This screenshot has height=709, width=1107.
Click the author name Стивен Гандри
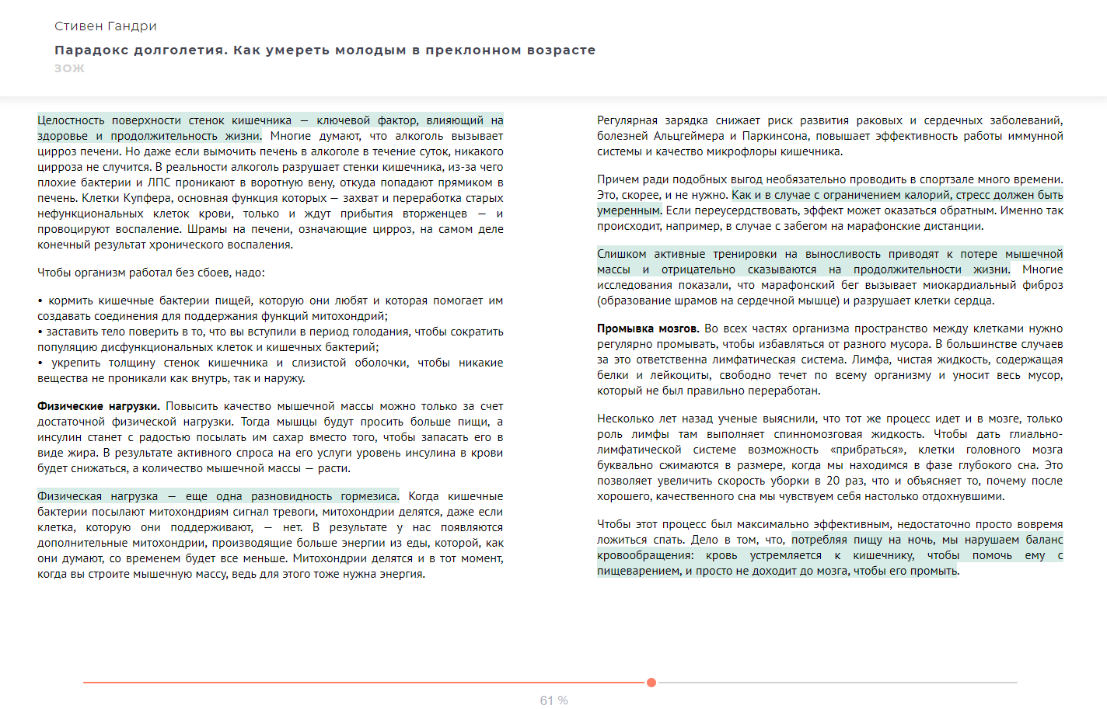click(x=106, y=26)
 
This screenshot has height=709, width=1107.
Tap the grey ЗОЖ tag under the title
click(x=69, y=68)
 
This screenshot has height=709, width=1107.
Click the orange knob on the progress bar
click(x=651, y=683)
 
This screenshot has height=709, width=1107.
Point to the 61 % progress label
click(x=553, y=700)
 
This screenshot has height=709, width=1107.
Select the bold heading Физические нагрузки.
click(x=99, y=406)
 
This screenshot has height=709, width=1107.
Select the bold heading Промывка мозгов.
click(x=648, y=328)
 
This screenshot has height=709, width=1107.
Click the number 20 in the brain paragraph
click(x=833, y=481)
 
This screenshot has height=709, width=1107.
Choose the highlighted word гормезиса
click(x=369, y=496)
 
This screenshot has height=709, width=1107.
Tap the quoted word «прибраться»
click(x=868, y=450)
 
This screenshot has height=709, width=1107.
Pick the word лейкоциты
click(x=679, y=375)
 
